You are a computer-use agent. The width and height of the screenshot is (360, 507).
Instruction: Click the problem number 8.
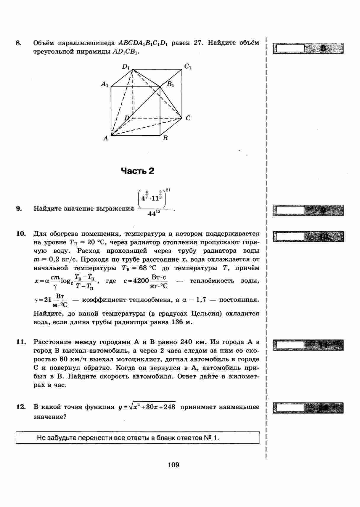[x=18, y=43]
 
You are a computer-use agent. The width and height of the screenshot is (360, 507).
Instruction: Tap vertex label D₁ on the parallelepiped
[x=126, y=67]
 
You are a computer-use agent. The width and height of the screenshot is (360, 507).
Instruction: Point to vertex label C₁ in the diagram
[x=188, y=67]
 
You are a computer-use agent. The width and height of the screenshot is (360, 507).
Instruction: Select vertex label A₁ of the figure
[x=105, y=84]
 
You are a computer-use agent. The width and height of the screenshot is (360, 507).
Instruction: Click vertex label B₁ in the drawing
[x=171, y=84]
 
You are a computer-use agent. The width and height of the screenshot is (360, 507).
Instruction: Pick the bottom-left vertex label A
[x=105, y=138]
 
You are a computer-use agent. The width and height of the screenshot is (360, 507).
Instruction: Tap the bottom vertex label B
[x=165, y=138]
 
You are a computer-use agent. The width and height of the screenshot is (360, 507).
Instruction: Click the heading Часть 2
[x=138, y=171]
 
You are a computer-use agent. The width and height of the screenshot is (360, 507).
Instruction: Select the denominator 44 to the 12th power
[x=154, y=214]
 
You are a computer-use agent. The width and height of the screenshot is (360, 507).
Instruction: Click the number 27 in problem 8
[x=198, y=43]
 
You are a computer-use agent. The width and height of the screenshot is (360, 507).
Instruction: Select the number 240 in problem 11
[x=187, y=342]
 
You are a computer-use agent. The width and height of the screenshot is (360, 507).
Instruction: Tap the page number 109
[x=173, y=465]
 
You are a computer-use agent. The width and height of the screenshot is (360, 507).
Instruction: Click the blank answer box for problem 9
[x=290, y=210]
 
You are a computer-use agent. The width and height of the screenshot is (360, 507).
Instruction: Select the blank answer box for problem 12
[x=290, y=408]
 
